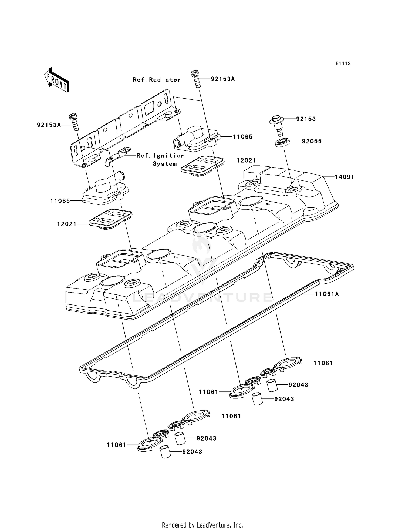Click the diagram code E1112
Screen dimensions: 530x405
click(x=343, y=63)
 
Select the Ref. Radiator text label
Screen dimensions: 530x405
click(x=156, y=80)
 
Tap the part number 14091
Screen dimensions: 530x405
click(x=344, y=177)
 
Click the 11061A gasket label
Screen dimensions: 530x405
click(x=327, y=294)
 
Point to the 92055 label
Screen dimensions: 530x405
click(x=312, y=141)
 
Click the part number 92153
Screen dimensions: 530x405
click(x=306, y=119)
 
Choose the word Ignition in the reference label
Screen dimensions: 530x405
click(x=169, y=156)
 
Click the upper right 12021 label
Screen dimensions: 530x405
click(x=246, y=160)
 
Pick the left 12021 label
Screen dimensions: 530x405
click(x=67, y=224)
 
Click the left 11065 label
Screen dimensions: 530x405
click(x=60, y=201)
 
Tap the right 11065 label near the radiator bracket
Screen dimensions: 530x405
click(x=242, y=137)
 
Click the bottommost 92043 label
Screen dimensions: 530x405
click(x=192, y=452)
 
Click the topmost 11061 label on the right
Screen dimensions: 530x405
click(x=323, y=363)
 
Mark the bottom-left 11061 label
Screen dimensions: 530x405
click(x=116, y=445)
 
